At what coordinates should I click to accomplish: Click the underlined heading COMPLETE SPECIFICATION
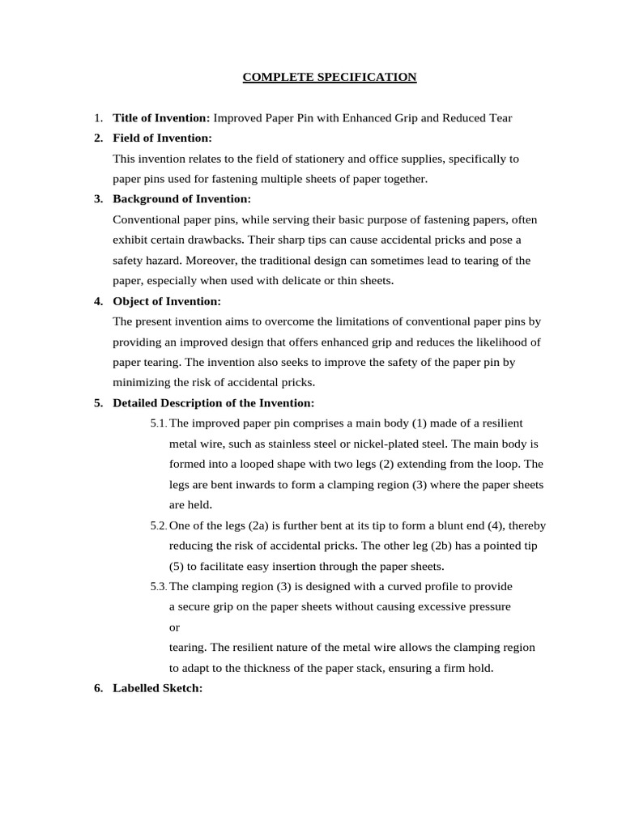(x=330, y=78)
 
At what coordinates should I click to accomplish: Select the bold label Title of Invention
(x=161, y=118)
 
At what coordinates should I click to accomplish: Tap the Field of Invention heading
(x=162, y=138)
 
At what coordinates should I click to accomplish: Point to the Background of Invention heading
(x=181, y=199)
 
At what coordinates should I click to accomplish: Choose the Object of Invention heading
(x=166, y=301)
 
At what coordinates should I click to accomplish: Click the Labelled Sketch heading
(x=157, y=688)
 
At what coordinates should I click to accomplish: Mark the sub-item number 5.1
(x=158, y=423)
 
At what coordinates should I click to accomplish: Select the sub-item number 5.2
(x=158, y=525)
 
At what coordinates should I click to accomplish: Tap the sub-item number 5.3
(x=158, y=587)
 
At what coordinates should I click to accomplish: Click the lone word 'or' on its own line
(x=174, y=627)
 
